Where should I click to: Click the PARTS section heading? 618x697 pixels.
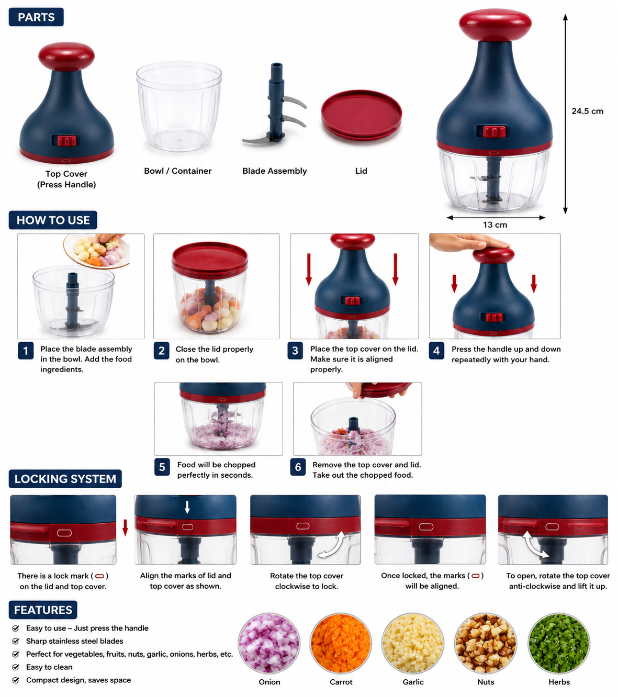36,17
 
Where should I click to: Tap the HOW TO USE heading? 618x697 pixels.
53,220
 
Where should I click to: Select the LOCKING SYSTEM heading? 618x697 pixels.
65,479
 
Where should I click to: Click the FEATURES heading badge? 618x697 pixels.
43,610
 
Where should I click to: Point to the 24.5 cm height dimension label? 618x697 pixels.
587,111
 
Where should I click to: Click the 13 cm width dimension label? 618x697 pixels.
495,224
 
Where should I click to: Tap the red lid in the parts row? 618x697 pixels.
361,115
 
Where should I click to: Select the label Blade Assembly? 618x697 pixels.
274,171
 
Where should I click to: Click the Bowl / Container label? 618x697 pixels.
177,171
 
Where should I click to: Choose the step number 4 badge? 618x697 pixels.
436,351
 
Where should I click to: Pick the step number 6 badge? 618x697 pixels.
298,467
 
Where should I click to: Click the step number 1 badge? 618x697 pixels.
26,351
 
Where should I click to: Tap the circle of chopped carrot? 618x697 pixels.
341,643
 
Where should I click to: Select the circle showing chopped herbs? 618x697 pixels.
559,643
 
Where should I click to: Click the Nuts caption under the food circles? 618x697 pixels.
486,682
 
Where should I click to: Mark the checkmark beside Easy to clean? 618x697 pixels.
16,667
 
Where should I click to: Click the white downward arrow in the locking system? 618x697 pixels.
187,507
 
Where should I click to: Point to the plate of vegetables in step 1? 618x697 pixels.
97,251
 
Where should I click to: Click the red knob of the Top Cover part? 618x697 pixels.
66,57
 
